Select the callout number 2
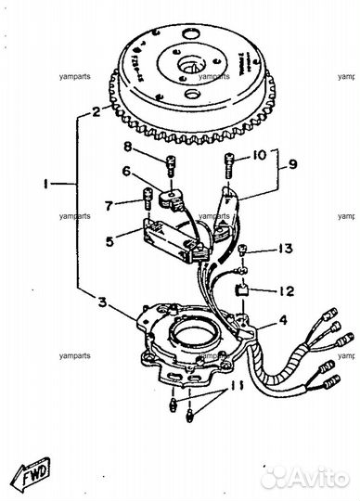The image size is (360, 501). click(x=96, y=113)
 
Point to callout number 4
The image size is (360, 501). click(x=280, y=323)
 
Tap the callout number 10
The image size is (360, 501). click(x=259, y=153)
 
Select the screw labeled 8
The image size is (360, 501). click(x=171, y=163)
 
